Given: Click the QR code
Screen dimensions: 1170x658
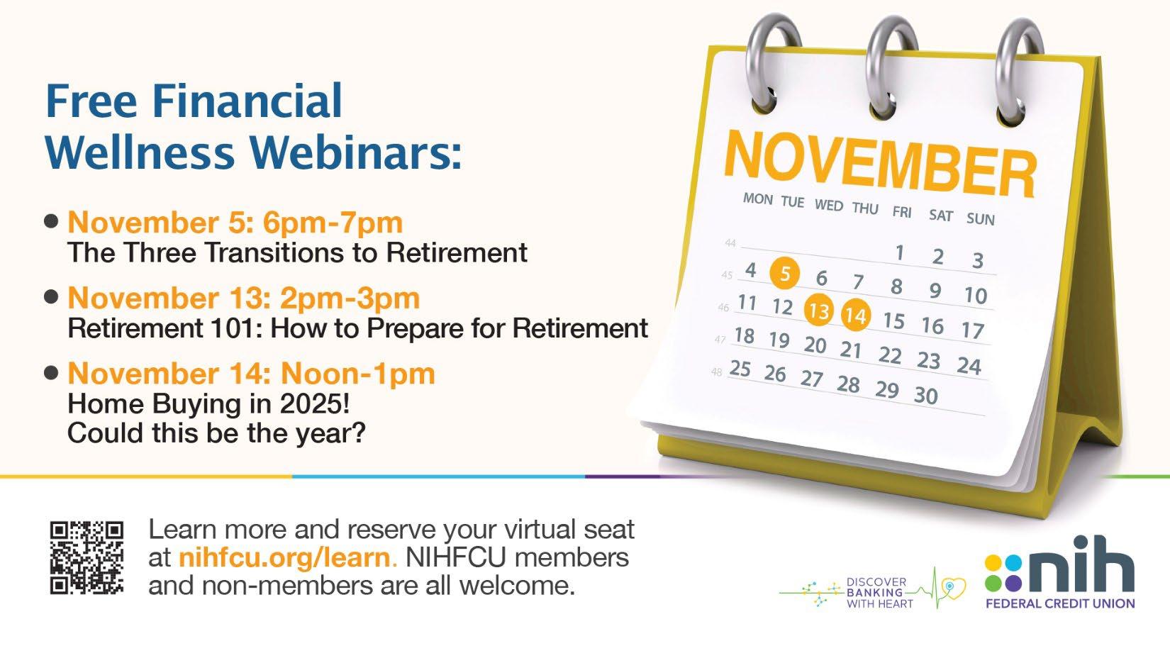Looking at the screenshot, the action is (87, 558).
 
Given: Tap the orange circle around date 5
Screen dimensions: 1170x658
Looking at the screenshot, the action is (784, 273).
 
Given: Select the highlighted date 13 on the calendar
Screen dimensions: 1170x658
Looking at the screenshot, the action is (818, 310).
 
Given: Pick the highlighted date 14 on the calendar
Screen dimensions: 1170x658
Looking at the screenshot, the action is (856, 315).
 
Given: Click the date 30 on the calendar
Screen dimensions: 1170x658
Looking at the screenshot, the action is (926, 396).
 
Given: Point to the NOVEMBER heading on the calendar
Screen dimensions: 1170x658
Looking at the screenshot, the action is (880, 164).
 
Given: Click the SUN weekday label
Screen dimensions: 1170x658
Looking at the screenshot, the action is (981, 219).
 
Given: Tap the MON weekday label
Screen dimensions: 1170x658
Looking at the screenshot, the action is (758, 199).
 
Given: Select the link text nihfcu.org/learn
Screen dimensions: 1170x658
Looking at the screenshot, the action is (284, 557).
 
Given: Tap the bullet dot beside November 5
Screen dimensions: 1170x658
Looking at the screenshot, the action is (51, 221).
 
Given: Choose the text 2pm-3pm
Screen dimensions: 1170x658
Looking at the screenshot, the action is (350, 299).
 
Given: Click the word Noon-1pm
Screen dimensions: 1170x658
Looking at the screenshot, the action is (358, 374).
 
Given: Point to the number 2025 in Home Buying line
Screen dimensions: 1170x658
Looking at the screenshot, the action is (311, 403).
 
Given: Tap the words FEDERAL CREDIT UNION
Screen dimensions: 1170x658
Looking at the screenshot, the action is (1060, 603).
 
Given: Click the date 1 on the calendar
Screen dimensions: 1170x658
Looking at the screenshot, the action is (899, 252).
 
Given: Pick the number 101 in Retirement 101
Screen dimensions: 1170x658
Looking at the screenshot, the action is (235, 328).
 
